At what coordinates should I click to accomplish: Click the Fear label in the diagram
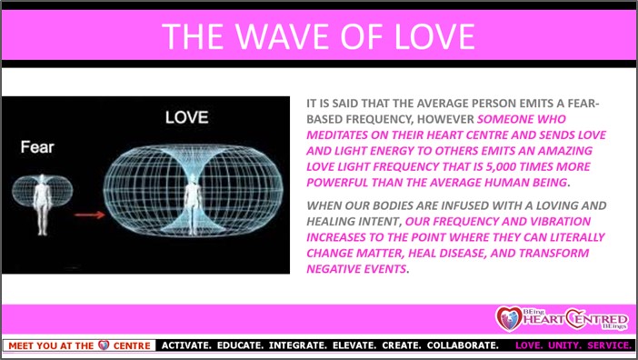[37, 147]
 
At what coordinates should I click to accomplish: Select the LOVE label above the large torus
[186, 117]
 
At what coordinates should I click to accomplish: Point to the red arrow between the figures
[89, 214]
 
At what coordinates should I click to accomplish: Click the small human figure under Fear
[43, 205]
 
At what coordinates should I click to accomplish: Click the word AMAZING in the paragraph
[565, 151]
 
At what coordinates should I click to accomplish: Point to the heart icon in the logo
[509, 319]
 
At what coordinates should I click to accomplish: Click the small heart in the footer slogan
[104, 345]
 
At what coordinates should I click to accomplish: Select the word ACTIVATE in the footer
[186, 345]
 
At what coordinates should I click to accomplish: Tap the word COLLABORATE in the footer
[463, 345]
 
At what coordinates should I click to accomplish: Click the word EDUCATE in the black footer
[240, 345]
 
